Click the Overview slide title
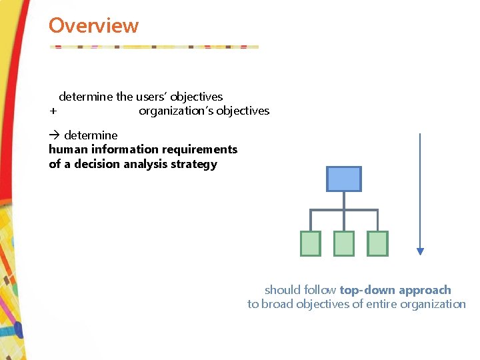tap(93, 26)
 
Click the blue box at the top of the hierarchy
tap(343, 179)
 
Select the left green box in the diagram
tap(311, 243)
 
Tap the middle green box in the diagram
tap(344, 243)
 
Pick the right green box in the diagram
tap(377, 243)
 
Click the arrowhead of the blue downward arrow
tap(420, 251)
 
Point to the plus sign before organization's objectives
tap(53, 111)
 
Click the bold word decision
tap(96, 164)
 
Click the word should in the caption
tap(282, 290)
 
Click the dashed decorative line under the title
tap(153, 47)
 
